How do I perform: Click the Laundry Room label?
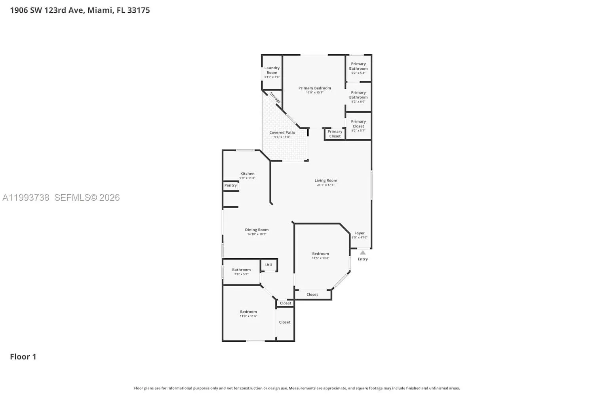coord(272,70)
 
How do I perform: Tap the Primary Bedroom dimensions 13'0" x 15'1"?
coord(314,93)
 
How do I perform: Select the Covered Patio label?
coord(282,133)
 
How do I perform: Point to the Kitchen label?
coord(247,173)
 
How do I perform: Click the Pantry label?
coord(230,185)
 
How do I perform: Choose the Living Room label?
coord(326,181)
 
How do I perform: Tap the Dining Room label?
coord(257,230)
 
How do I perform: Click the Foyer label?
coord(359,233)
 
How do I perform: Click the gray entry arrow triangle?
coord(363,252)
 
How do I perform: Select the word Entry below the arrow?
coord(363,259)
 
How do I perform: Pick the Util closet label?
coord(268,265)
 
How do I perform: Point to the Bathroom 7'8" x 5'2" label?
coord(241,270)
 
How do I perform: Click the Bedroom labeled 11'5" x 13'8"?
coord(320,254)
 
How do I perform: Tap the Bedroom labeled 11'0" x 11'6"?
coord(248,312)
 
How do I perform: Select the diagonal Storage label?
coord(275,97)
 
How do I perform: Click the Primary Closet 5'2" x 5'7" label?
coord(358,124)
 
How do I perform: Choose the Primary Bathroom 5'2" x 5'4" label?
coord(358,66)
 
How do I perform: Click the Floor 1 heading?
coord(23,357)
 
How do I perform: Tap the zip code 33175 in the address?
coord(139,10)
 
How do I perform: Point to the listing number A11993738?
coord(26,198)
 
